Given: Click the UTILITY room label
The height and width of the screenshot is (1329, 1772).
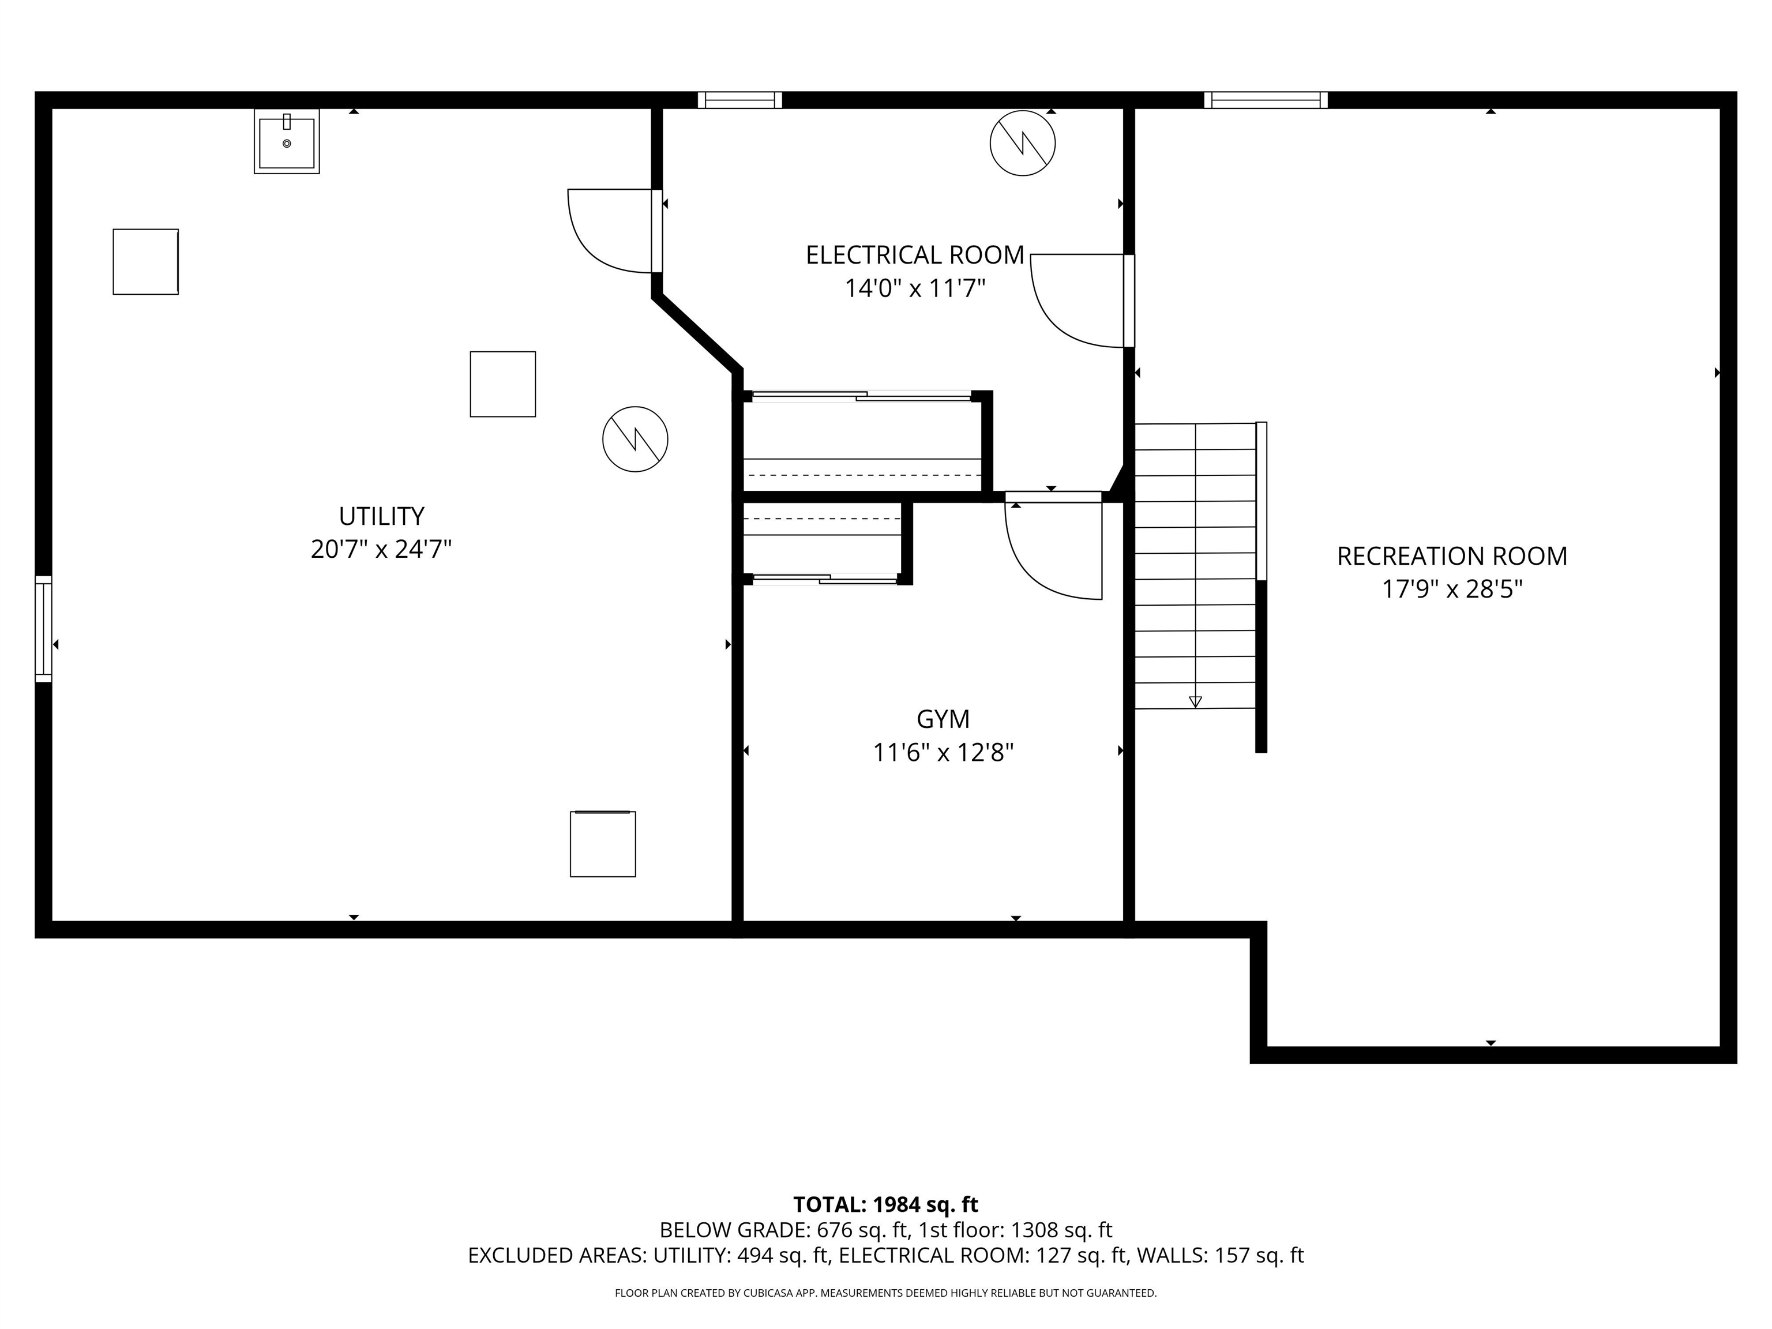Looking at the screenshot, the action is click(x=381, y=516).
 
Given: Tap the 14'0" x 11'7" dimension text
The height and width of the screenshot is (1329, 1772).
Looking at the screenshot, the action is click(x=915, y=288).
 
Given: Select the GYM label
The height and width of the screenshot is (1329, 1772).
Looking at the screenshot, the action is click(x=943, y=719).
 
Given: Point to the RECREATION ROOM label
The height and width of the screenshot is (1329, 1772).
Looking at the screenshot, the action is click(x=1451, y=556).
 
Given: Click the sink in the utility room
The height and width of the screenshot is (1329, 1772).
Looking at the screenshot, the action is click(x=287, y=142).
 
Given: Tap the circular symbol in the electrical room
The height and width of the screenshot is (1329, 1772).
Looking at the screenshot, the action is click(x=1022, y=144).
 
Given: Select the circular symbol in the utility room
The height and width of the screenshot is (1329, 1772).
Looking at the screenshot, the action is click(x=635, y=439).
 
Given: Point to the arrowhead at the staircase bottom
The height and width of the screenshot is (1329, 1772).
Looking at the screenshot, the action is click(x=1195, y=702).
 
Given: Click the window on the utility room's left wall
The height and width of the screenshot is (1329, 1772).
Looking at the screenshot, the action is click(x=43, y=629).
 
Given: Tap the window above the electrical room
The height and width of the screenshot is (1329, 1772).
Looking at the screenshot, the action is click(x=739, y=100).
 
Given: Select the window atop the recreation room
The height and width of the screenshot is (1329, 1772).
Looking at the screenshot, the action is click(x=1266, y=100).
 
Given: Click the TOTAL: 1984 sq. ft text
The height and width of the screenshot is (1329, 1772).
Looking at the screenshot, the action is click(x=885, y=1205).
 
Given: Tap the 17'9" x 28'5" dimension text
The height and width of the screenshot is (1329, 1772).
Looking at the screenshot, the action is click(x=1451, y=590).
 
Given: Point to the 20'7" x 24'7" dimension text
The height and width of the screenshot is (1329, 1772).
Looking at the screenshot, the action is click(x=381, y=550).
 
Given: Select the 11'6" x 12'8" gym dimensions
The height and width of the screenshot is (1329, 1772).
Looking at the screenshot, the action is click(x=943, y=753).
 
